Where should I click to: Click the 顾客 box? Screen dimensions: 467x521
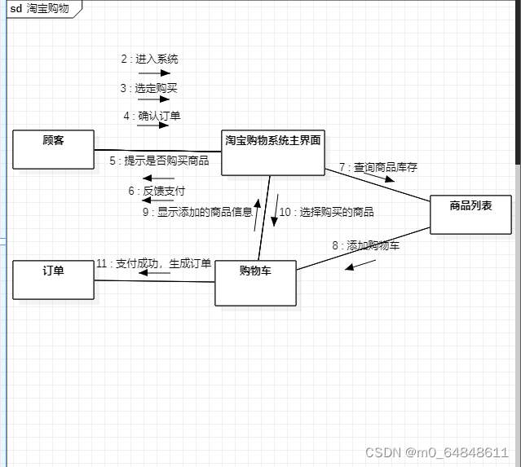(53, 149)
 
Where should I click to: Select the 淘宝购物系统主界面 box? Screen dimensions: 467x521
(272, 152)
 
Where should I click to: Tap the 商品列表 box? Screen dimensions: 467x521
(470, 214)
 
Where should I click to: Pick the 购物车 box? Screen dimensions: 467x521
(255, 283)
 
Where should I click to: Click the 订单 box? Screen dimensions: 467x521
(53, 280)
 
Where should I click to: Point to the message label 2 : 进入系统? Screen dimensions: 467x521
(149, 59)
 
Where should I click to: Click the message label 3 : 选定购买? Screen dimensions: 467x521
(149, 88)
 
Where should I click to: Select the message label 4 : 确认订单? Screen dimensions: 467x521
(152, 116)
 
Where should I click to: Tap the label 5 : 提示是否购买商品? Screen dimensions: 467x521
(159, 161)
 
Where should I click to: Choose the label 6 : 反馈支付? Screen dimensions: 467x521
(157, 192)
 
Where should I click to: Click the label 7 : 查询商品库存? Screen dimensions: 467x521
(378, 167)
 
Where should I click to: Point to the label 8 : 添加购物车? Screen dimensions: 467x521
(366, 245)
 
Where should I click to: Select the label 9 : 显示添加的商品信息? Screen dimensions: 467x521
(196, 212)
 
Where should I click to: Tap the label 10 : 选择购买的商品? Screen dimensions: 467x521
(326, 212)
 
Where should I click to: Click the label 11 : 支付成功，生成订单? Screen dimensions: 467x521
(153, 263)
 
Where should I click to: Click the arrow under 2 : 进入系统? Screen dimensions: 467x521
(154, 73)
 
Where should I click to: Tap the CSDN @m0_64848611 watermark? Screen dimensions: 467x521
(436, 452)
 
